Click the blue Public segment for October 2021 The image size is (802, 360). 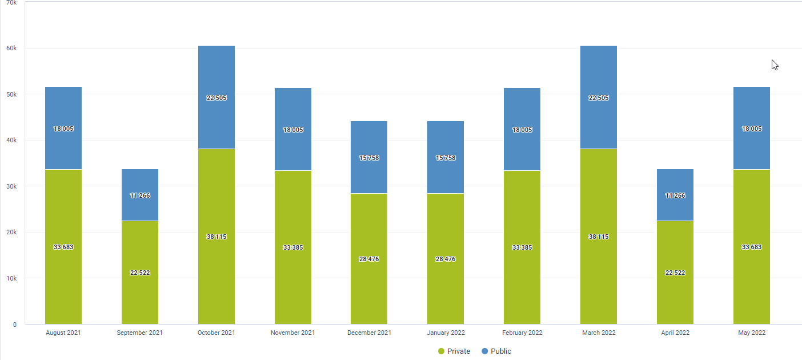[216, 97]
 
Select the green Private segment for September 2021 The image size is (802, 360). [139, 273]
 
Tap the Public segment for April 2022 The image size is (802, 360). [675, 195]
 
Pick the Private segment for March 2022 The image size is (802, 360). [598, 237]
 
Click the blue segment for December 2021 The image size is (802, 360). [369, 157]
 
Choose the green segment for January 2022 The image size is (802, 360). [446, 259]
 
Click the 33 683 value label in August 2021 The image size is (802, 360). [63, 247]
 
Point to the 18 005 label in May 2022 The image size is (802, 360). [752, 129]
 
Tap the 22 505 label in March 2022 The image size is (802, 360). [598, 98]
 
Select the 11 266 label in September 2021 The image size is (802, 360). [139, 195]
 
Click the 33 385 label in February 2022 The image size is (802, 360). [522, 247]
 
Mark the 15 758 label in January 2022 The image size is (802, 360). [446, 158]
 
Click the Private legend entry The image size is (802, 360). [454, 351]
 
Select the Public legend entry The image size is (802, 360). [496, 351]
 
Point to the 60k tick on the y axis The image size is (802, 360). [11, 48]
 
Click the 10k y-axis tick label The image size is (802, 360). [11, 278]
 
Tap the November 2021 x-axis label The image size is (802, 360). [292, 333]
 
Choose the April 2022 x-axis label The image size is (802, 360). [675, 333]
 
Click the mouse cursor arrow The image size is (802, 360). [775, 65]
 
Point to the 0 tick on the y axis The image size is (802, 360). [15, 325]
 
